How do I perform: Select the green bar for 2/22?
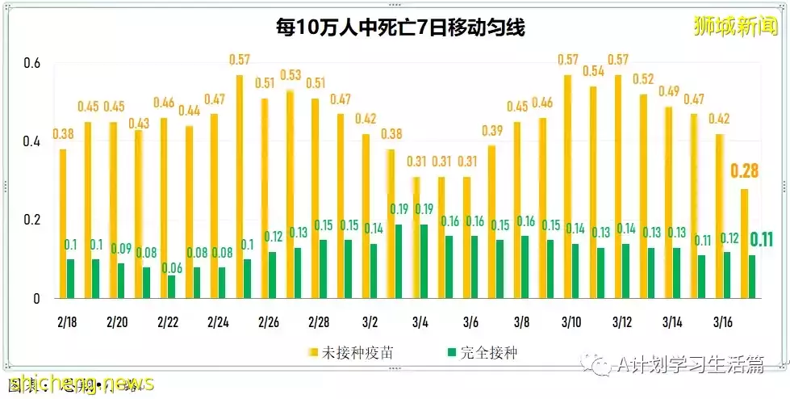pos(171,287)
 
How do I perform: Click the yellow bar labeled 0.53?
pos(290,195)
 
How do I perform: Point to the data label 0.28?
pos(745,170)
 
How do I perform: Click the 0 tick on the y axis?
pos(36,299)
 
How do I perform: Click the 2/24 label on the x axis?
pos(219,322)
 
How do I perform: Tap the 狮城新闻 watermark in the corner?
pos(734,26)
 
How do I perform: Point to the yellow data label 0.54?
pos(594,71)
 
